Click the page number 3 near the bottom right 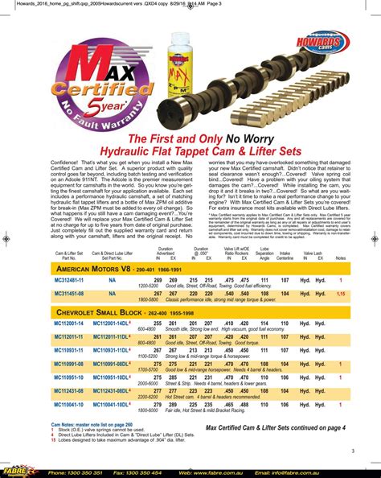[x=352, y=451]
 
